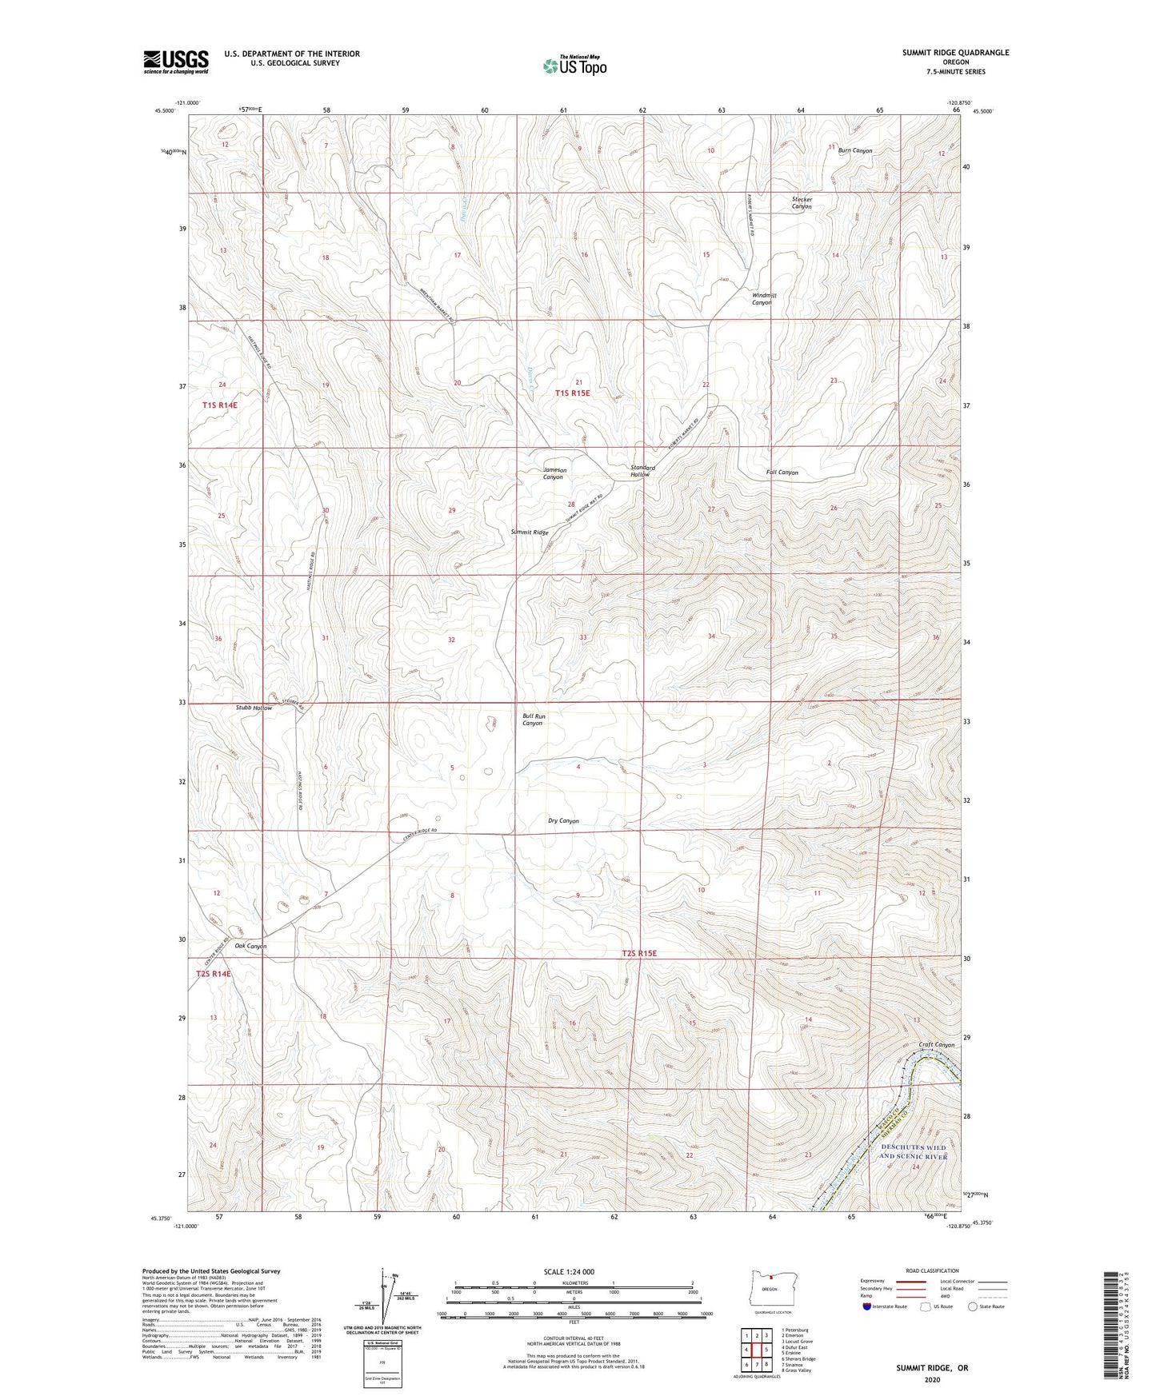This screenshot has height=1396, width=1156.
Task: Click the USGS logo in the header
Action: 176,62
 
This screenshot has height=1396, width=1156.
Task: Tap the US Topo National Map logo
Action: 574,66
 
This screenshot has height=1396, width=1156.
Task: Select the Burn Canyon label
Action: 854,150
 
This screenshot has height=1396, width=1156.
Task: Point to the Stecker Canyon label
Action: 802,203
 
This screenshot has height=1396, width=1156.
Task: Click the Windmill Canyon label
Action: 763,299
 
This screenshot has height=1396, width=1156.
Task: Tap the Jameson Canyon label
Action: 554,473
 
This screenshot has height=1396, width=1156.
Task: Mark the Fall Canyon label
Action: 782,473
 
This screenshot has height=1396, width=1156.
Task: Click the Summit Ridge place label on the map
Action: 530,532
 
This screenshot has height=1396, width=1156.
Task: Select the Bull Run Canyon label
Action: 534,720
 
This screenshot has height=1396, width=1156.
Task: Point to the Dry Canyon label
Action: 563,821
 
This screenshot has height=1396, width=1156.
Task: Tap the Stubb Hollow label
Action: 254,708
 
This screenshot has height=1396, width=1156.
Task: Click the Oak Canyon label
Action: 250,946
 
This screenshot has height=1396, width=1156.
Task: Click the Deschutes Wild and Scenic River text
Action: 913,1152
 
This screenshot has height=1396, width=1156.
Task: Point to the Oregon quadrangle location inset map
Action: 770,1290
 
